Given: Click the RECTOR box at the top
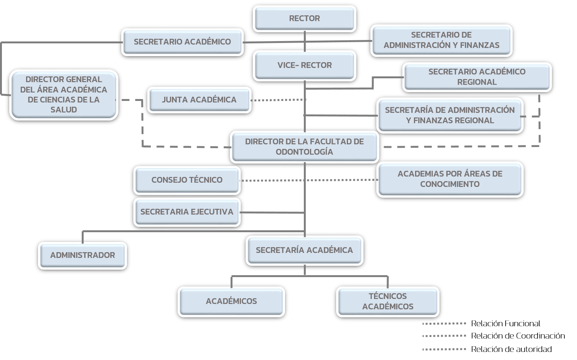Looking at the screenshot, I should click(304, 18).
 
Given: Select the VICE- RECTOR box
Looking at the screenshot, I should click(304, 65).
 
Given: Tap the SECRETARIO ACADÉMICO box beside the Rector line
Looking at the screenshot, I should click(182, 42).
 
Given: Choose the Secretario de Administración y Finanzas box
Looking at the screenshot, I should click(441, 40).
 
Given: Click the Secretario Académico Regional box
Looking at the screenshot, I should click(476, 77).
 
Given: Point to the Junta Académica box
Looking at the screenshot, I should click(199, 100).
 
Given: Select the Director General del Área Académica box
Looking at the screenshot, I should click(64, 94).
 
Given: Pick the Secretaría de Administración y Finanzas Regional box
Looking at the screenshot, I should click(450, 115).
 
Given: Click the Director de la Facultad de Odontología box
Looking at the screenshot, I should click(304, 147).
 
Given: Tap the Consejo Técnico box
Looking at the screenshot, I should click(187, 180).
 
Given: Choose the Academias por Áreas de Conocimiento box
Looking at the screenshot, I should click(450, 179).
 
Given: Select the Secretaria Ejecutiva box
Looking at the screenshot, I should click(187, 212).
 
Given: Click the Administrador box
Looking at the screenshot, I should click(82, 255).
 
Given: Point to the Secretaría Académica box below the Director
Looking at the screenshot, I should click(304, 250).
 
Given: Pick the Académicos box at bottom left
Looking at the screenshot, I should click(231, 301).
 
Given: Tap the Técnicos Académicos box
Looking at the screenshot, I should click(387, 301).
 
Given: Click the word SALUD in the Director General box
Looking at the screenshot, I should click(64, 110).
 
